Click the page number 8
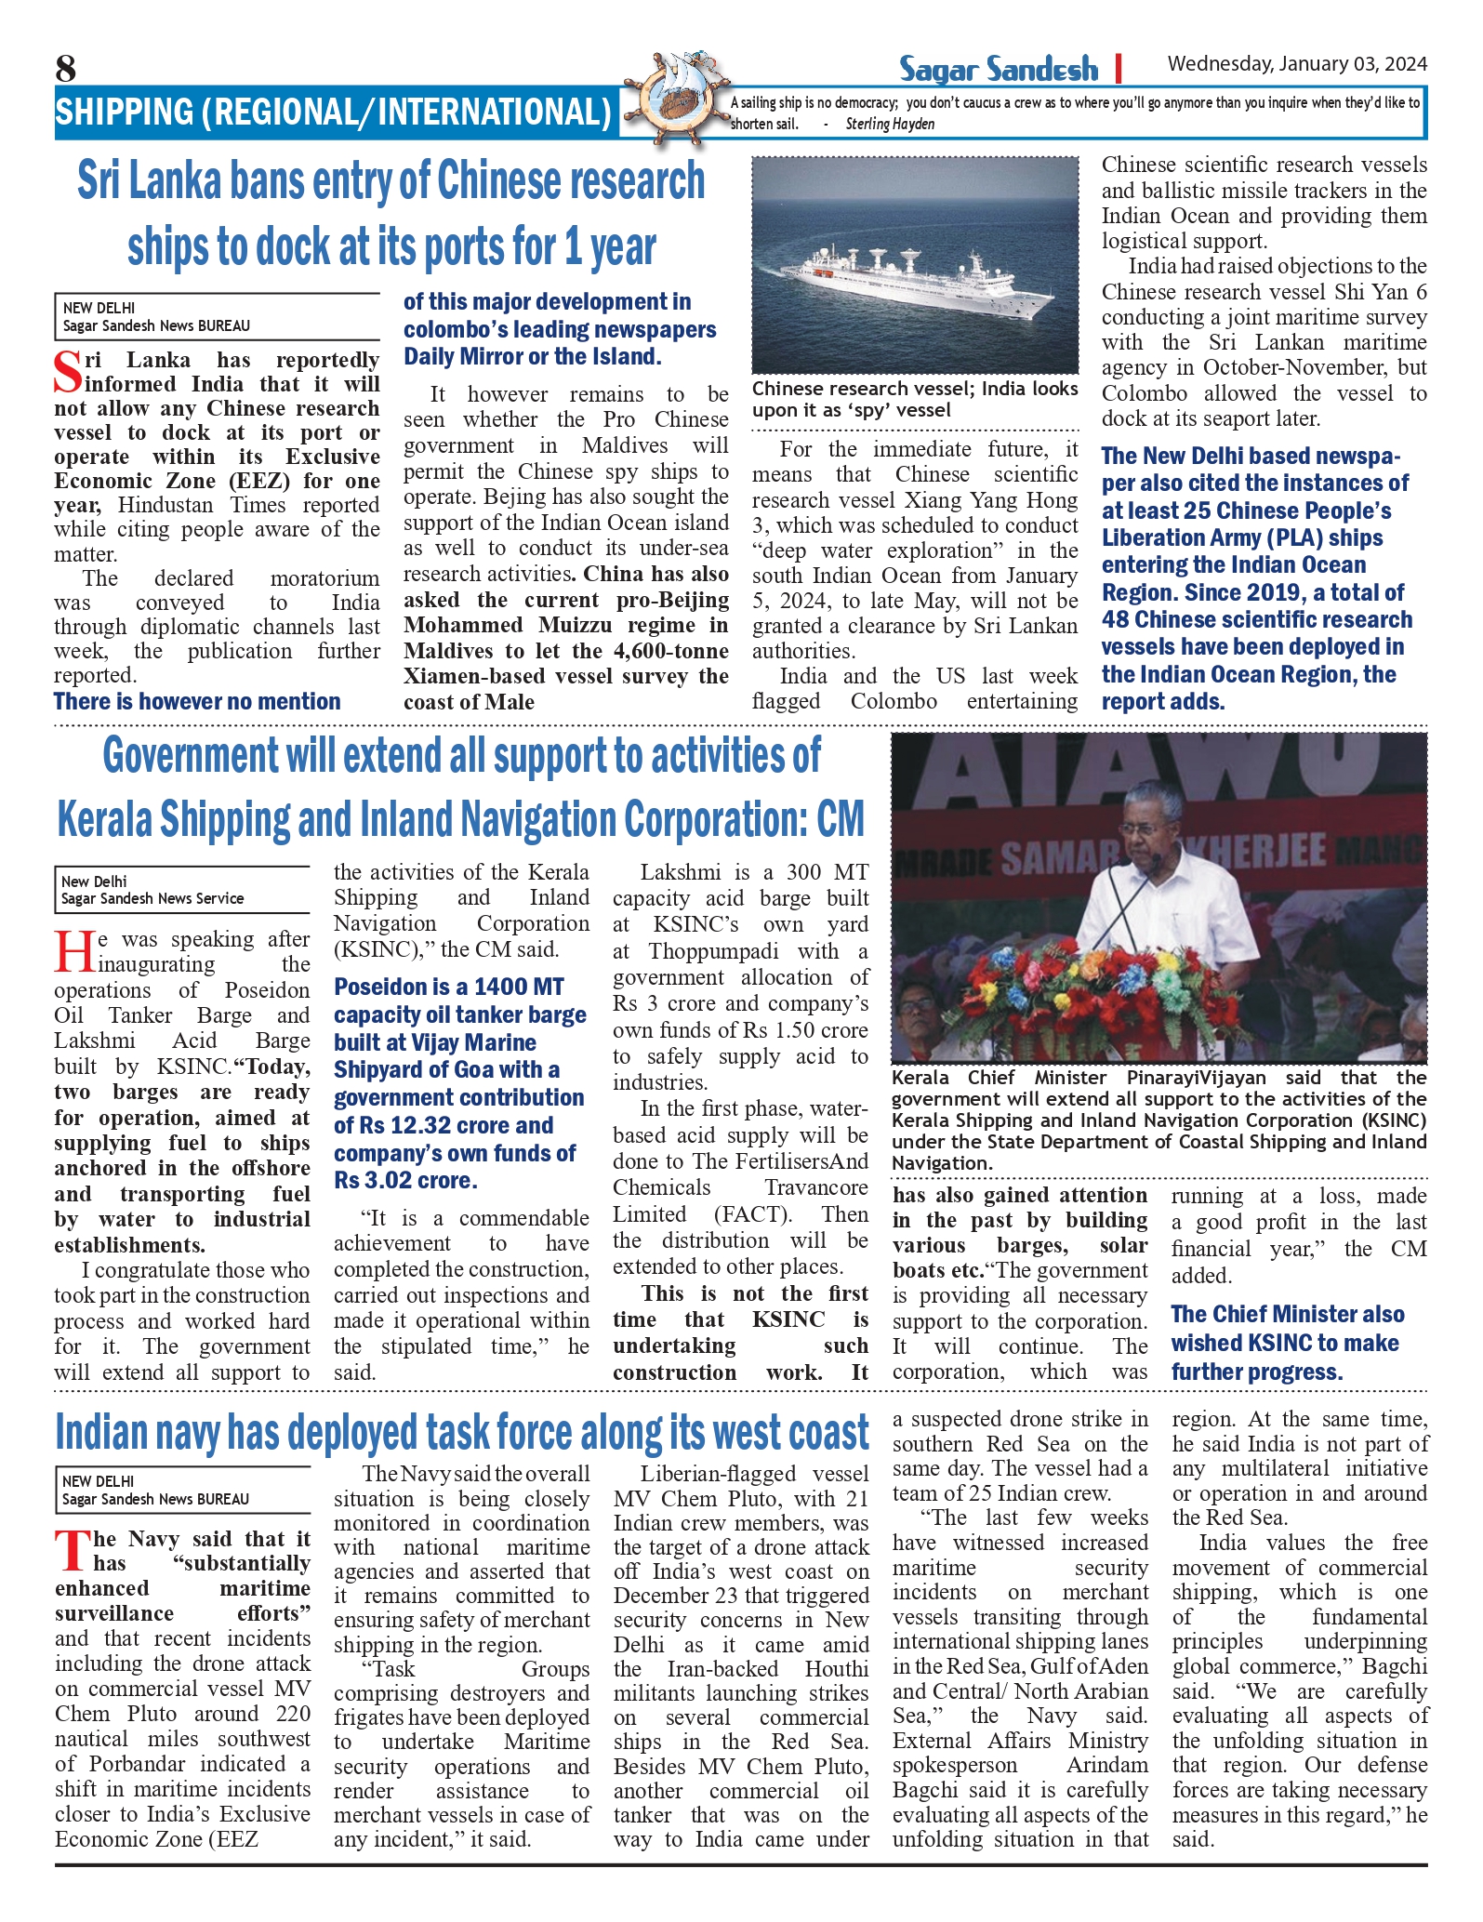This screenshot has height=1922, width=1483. tap(65, 68)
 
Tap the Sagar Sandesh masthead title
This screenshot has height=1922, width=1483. tap(998, 70)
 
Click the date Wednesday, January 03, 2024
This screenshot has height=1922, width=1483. tap(1297, 64)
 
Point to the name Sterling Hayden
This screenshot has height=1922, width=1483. tap(890, 125)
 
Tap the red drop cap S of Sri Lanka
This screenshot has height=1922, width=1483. tap(68, 372)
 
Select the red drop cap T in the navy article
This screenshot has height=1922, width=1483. tap(71, 1551)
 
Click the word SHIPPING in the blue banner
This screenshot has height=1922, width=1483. tap(125, 113)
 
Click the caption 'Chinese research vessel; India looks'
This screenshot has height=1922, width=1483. tap(914, 389)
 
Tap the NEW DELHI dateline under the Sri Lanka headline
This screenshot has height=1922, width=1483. tap(99, 308)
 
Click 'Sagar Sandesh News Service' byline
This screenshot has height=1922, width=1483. tap(152, 898)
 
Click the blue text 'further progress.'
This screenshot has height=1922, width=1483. tap(1256, 1372)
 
